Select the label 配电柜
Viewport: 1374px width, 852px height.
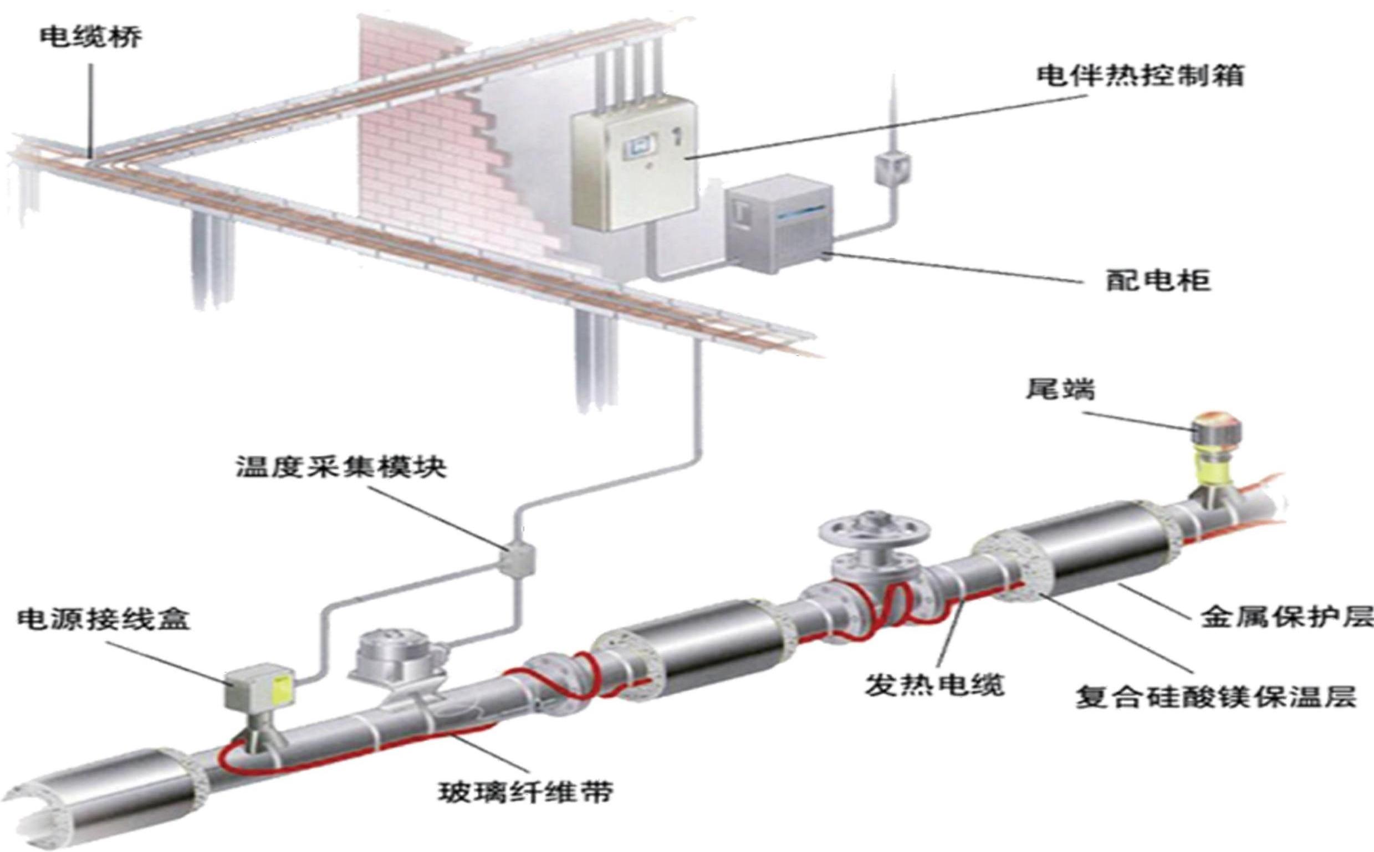coord(1157,280)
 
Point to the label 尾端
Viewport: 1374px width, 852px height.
coord(1059,389)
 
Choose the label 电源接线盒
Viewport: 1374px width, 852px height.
coord(104,619)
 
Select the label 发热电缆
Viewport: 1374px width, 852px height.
coord(935,685)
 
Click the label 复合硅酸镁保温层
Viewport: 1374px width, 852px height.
coord(1215,697)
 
